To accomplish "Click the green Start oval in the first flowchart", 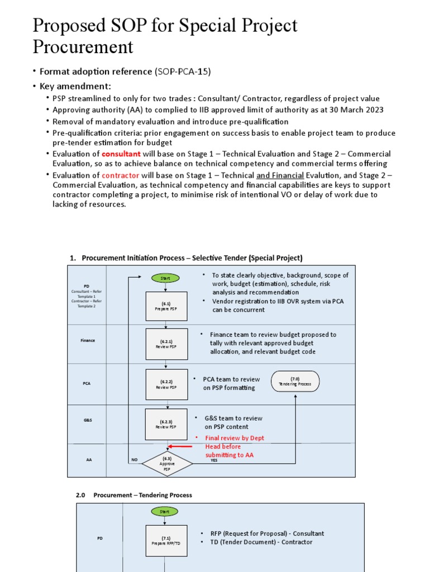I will (x=165, y=278).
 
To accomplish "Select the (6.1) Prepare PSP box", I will (x=166, y=306).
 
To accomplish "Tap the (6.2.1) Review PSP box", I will (x=166, y=344).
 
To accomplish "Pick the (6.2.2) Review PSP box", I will (x=166, y=384).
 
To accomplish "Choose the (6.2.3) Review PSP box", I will (x=166, y=424).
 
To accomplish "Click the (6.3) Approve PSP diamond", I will (x=166, y=464).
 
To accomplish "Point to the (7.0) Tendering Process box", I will (x=295, y=382).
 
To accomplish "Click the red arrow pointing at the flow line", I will (x=181, y=446).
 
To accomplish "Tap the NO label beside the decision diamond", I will (x=134, y=460).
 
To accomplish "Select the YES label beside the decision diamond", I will (x=214, y=460).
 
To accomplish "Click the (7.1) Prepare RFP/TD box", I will (x=166, y=540).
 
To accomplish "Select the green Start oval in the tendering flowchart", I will (x=165, y=511).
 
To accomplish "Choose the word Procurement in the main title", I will (x=83, y=46).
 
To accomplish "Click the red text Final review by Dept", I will (x=235, y=438).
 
